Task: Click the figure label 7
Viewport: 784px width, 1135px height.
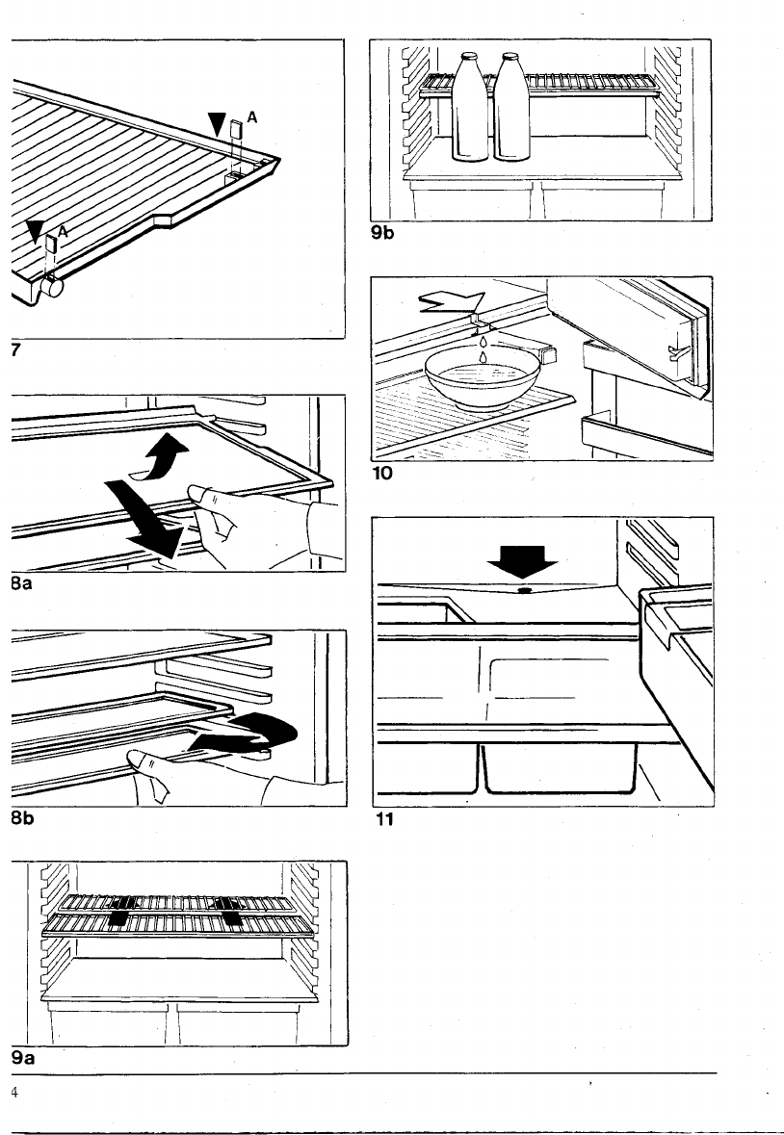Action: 15,349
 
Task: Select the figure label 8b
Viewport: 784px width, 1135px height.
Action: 22,821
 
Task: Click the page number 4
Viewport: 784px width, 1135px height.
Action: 14,1092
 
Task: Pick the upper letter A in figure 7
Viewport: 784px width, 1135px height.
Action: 251,116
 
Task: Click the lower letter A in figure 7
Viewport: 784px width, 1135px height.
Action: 63,232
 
